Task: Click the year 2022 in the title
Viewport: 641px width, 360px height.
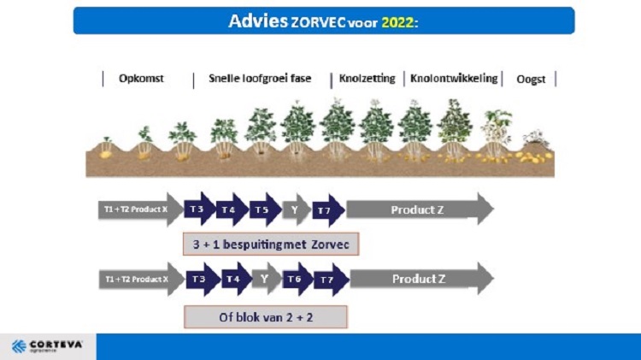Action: pos(397,21)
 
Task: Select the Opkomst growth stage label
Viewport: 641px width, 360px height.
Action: pos(141,79)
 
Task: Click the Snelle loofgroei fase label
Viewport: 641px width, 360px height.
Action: pos(260,79)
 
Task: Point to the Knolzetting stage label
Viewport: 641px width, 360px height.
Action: pos(368,79)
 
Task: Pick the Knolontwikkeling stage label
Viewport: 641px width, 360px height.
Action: pos(454,79)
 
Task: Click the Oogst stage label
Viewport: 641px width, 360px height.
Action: pos(531,80)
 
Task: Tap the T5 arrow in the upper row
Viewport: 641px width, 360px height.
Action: pos(263,210)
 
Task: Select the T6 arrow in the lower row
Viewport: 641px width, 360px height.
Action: pos(294,279)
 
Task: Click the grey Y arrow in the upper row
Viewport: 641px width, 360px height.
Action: pos(295,210)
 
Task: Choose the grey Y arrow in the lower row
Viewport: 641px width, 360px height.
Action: pos(266,279)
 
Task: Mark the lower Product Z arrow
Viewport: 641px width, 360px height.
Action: pos(419,279)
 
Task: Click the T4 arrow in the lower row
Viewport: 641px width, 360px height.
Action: pos(233,279)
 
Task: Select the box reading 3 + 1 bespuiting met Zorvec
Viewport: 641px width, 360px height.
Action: pos(271,244)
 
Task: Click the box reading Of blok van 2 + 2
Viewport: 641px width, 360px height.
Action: pos(265,316)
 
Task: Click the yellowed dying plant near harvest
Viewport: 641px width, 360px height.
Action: pos(496,133)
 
